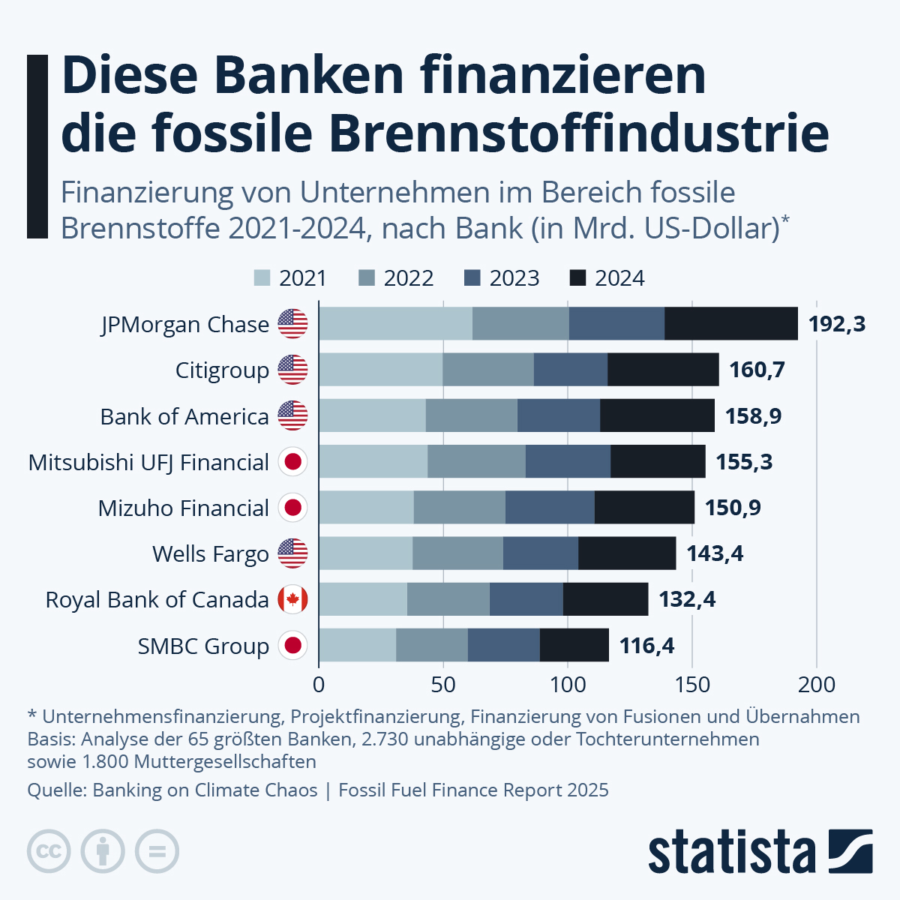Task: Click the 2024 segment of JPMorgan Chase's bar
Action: coord(731,323)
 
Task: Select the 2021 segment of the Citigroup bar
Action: coord(380,370)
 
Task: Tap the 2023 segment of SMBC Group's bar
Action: coord(503,645)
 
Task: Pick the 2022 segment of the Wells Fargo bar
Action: coord(457,553)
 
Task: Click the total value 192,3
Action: coord(836,324)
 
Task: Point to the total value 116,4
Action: coord(646,646)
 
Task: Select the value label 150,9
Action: coord(732,508)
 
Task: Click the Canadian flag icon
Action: coord(292,599)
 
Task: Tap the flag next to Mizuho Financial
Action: coord(292,508)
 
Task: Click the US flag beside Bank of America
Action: coord(292,415)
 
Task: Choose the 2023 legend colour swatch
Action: coord(472,278)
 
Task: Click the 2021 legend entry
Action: coord(290,278)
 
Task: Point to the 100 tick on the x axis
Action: coord(567,684)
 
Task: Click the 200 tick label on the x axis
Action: coord(816,684)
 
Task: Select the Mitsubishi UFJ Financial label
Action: coord(148,462)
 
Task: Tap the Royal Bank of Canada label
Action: coord(157,600)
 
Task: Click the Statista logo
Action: coord(760,852)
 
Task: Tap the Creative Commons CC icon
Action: coord(49,852)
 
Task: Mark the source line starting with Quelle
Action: coord(317,790)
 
